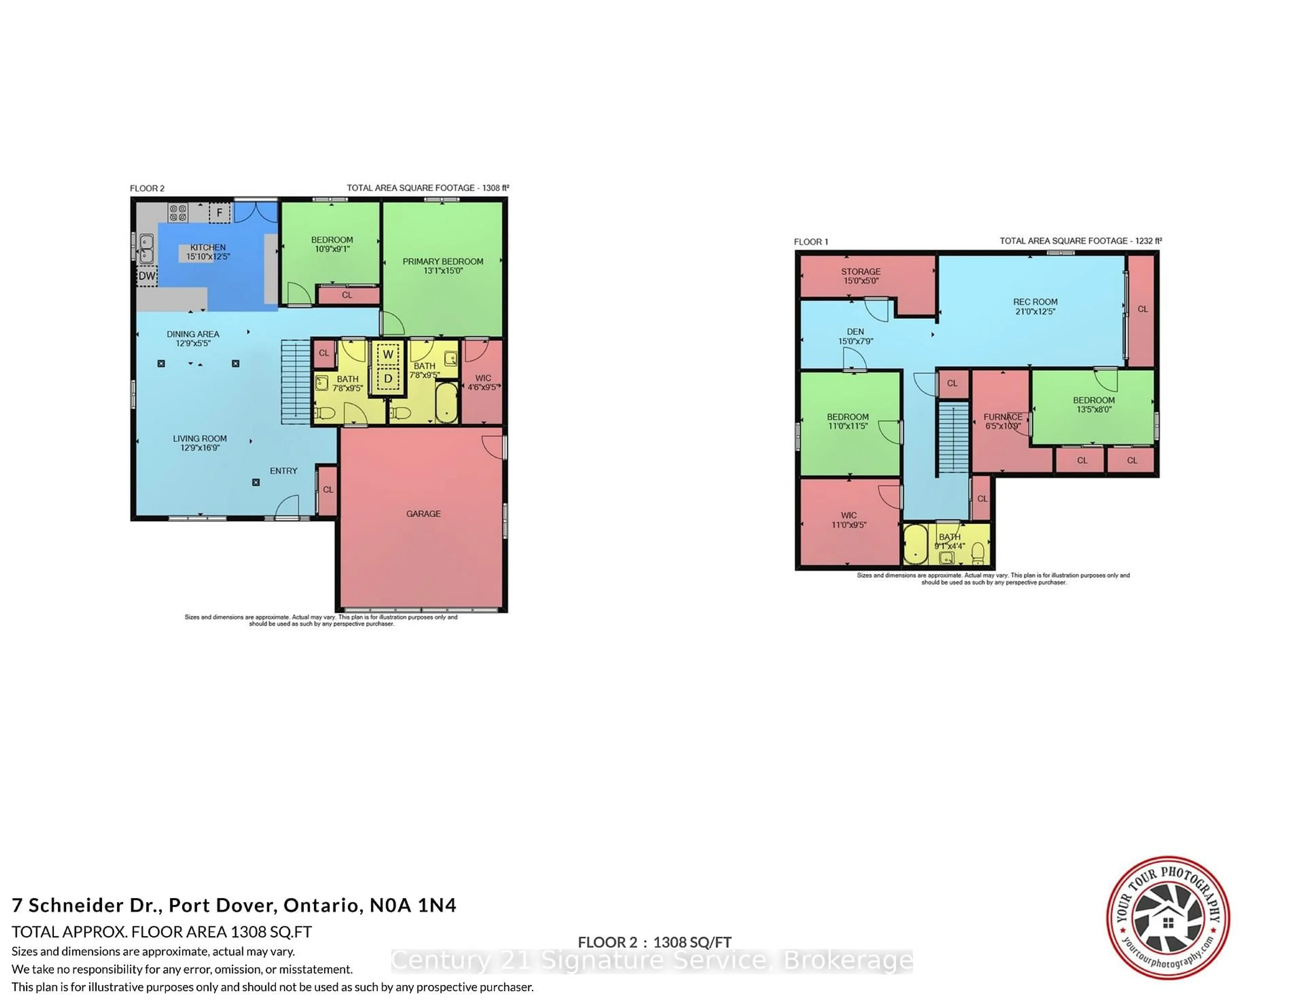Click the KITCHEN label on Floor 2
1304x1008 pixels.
tap(208, 247)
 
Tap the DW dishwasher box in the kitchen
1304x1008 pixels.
tap(147, 276)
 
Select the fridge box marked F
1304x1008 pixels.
tap(219, 213)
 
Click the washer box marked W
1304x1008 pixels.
tap(388, 354)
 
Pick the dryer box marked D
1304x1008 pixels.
tap(388, 379)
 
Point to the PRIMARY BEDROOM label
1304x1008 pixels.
tap(442, 262)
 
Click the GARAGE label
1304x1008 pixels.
tap(423, 514)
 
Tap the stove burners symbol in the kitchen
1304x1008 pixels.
tap(178, 213)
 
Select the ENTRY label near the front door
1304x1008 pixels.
tap(283, 471)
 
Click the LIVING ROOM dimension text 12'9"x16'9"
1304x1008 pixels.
tap(200, 448)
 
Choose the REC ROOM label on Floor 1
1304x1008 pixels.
tap(1035, 302)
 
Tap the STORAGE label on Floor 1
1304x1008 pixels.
tap(861, 272)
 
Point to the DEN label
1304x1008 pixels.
tap(855, 331)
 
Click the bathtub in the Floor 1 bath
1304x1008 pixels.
tap(915, 545)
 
